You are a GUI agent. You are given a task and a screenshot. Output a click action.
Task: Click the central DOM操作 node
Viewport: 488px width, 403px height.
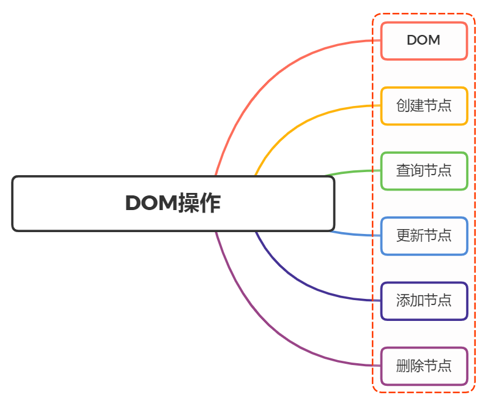[x=173, y=204]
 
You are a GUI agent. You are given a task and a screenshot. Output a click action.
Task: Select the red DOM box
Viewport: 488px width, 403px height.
[x=424, y=41]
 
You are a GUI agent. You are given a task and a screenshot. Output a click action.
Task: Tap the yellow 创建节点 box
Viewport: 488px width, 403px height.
[x=424, y=106]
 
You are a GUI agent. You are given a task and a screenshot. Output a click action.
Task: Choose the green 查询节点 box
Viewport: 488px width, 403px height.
[x=424, y=171]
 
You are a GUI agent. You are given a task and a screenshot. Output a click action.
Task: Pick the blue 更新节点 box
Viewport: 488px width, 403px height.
[x=424, y=236]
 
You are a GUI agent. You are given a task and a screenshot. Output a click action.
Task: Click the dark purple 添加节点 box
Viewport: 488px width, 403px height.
[x=424, y=301]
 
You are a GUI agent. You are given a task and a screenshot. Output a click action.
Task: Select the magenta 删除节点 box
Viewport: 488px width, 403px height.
[x=424, y=366]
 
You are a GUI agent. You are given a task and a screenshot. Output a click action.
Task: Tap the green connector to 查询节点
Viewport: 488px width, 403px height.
[x=355, y=172]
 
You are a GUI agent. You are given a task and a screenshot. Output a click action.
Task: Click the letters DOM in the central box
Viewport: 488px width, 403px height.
[x=151, y=203]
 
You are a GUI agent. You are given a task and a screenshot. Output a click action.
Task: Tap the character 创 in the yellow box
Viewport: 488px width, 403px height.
[x=403, y=106]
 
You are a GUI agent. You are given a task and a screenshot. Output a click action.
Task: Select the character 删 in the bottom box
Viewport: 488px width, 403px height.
[x=403, y=366]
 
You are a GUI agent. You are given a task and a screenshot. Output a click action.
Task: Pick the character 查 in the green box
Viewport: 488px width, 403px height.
[x=403, y=171]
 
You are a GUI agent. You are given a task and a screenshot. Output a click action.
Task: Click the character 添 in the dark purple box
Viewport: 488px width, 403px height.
[x=403, y=301]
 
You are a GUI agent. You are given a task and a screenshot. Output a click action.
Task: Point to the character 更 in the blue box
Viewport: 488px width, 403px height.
[x=403, y=236]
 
